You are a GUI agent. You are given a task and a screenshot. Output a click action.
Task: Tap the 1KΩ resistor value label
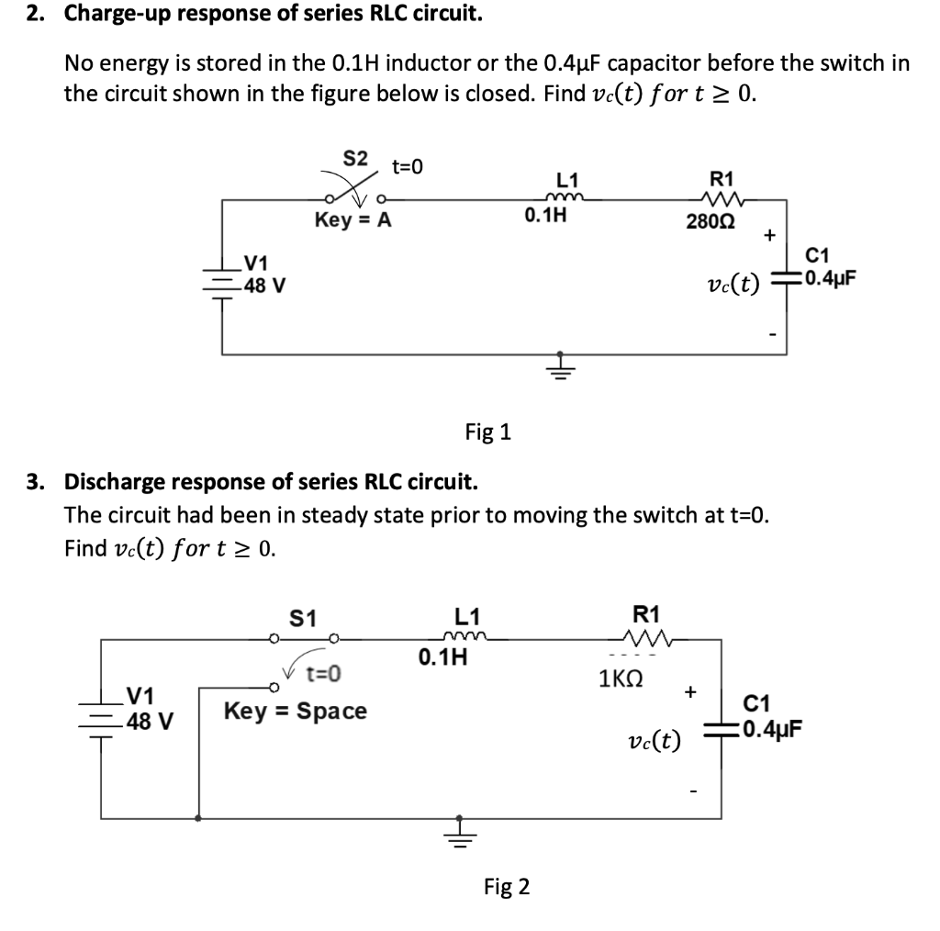(626, 679)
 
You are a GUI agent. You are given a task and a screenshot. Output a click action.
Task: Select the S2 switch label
(355, 158)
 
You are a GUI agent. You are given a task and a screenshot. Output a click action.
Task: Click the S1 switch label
(303, 619)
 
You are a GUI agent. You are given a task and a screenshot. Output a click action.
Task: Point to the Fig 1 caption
(487, 432)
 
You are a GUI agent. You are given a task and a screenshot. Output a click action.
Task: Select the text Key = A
(352, 220)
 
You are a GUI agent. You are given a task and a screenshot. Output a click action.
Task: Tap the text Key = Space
(296, 711)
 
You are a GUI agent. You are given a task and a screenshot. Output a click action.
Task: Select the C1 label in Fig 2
(758, 706)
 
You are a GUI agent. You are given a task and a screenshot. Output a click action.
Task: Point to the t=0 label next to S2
(408, 167)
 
